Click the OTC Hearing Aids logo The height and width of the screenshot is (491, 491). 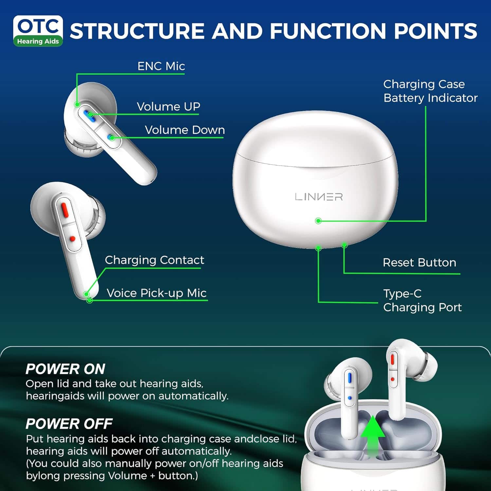pyautogui.click(x=38, y=31)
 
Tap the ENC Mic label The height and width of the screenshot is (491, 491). pyautogui.click(x=161, y=66)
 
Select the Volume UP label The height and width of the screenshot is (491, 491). pyautogui.click(x=168, y=107)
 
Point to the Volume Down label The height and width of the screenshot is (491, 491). pyautogui.click(x=185, y=130)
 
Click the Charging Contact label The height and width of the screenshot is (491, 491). pyautogui.click(x=154, y=260)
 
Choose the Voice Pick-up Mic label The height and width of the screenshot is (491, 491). pyautogui.click(x=156, y=293)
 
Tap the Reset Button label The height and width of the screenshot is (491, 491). pyautogui.click(x=419, y=263)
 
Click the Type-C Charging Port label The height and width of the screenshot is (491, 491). pyautogui.click(x=422, y=300)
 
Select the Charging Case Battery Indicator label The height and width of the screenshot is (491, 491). pyautogui.click(x=430, y=91)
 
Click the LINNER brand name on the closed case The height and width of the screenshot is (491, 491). pyautogui.click(x=318, y=197)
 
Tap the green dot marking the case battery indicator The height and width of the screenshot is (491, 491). pyautogui.click(x=318, y=221)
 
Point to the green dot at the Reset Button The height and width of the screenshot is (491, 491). pyautogui.click(x=344, y=245)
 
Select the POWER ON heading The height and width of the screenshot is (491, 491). pyautogui.click(x=65, y=369)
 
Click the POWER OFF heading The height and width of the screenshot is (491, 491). pyautogui.click(x=69, y=424)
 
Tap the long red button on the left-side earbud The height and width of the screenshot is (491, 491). pyautogui.click(x=64, y=209)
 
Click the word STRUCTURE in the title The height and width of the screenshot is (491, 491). pyautogui.click(x=137, y=31)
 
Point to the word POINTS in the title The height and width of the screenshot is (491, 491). pyautogui.click(x=435, y=31)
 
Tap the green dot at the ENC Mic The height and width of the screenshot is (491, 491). pyautogui.click(x=77, y=104)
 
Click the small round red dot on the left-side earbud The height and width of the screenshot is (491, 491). pyautogui.click(x=72, y=239)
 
